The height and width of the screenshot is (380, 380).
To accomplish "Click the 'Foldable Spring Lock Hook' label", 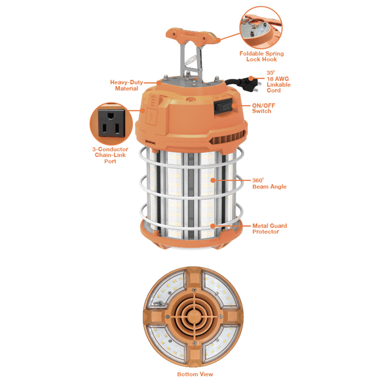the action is coord(262,56).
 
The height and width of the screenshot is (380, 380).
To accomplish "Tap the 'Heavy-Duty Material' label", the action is coord(127,85).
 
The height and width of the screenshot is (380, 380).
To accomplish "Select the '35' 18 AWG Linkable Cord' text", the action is coord(278,81).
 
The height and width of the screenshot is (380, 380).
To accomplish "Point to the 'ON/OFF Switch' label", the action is coord(263,108).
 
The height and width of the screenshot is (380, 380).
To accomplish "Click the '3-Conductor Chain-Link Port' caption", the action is coord(110,155).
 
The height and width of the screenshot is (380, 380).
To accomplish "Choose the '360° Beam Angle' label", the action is coord(269,184).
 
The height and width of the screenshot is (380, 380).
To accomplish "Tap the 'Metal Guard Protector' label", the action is coord(269,229).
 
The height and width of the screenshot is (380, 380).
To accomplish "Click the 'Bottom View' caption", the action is coord(195,374).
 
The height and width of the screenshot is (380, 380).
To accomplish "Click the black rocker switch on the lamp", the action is coord(223,106).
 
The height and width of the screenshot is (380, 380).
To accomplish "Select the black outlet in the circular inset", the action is coord(111,123).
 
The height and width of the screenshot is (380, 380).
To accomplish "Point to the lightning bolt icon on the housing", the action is coord(151,117).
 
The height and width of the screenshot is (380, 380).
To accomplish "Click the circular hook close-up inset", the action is coord(261,28).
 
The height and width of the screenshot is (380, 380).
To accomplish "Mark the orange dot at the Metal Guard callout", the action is coord(212,226).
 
